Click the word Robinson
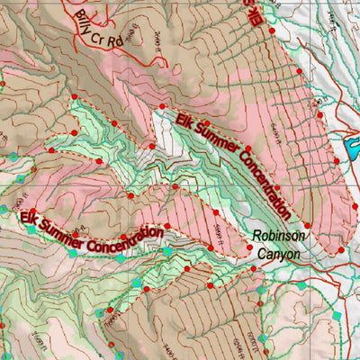pyautogui.click(x=279, y=237)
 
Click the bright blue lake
pyautogui.click(x=350, y=144)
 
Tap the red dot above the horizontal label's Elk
pyautogui.click(x=32, y=211)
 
